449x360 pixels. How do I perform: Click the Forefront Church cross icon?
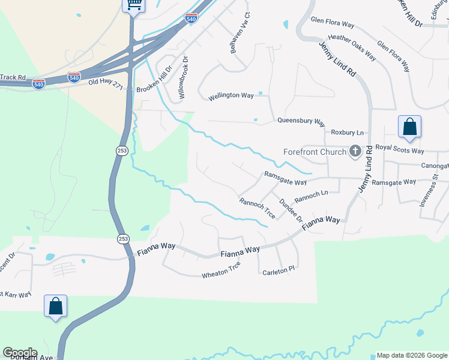click(355, 151)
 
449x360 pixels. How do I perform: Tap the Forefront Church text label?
click(315, 152)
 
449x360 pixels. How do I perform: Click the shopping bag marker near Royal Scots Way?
click(410, 127)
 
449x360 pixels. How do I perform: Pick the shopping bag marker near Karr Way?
click(55, 306)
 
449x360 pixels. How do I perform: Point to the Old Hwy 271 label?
click(105, 84)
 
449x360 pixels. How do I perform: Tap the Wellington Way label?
click(231, 95)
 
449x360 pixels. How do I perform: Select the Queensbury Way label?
click(301, 120)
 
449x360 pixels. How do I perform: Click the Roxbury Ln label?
click(347, 132)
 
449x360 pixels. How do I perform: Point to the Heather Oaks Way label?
click(352, 47)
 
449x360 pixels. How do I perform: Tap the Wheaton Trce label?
click(221, 269)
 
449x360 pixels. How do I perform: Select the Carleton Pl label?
click(279, 271)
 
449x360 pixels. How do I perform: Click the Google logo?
click(19, 353)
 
